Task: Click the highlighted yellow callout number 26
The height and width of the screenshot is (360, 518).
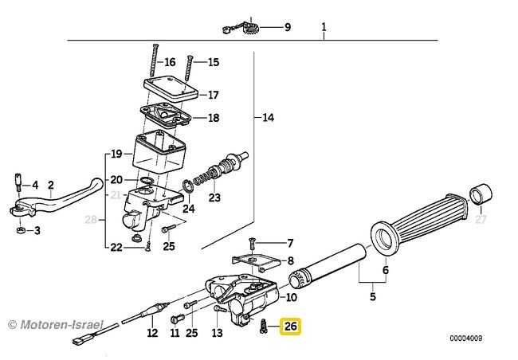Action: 291,327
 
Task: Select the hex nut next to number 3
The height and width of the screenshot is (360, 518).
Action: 21,230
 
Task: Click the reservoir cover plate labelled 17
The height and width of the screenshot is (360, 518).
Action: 171,87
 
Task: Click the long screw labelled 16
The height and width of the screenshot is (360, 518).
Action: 154,60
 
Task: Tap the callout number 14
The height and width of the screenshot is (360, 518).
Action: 268,117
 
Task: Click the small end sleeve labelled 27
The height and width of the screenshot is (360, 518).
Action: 481,194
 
